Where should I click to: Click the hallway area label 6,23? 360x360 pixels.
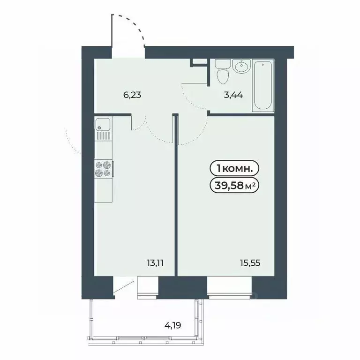pos(132,94)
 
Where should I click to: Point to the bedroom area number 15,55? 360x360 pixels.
pos(251,262)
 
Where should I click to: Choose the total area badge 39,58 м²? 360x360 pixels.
pos(235,186)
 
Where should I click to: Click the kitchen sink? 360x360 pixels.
pos(103,125)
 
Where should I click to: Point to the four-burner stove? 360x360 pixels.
pos(103,169)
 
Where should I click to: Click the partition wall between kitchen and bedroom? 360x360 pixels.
pos(177,197)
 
